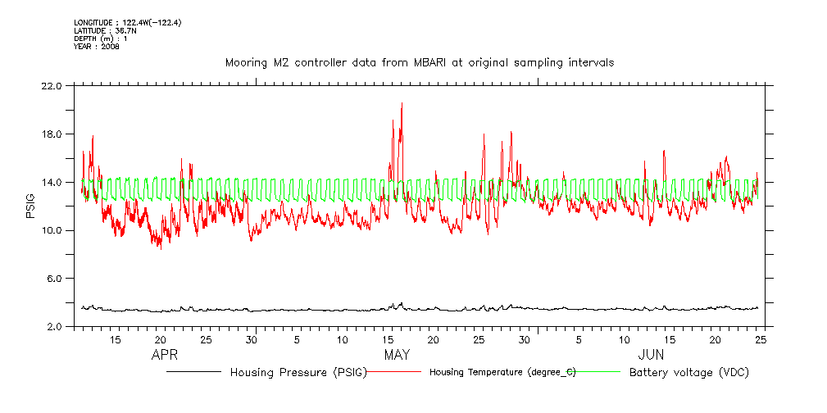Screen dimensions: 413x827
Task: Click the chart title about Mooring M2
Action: [419, 63]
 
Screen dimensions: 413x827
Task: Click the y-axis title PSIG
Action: [30, 206]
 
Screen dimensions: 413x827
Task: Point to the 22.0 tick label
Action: [52, 86]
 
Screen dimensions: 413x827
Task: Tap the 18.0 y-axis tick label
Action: [52, 134]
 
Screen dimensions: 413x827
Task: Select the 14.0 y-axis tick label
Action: [52, 183]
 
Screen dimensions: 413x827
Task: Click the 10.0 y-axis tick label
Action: [52, 230]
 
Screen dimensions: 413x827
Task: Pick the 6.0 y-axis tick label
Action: [54, 279]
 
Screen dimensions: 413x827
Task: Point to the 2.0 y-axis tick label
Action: [54, 327]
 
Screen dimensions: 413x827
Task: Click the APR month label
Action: [166, 356]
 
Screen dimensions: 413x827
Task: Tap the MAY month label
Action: [398, 356]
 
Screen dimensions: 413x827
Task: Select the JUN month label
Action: [652, 356]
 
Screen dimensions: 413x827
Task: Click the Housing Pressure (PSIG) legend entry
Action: [298, 372]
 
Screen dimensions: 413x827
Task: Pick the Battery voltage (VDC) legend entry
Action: [688, 372]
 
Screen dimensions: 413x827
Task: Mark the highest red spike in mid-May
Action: [402, 104]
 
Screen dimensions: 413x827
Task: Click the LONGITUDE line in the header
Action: [127, 22]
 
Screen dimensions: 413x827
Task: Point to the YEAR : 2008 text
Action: [97, 47]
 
